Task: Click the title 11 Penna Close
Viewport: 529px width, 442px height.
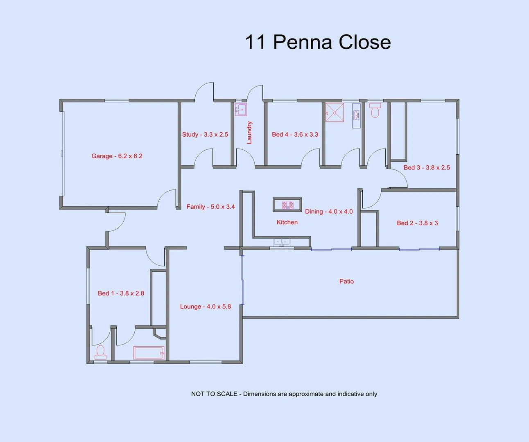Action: point(318,42)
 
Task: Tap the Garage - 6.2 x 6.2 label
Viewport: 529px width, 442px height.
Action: point(117,156)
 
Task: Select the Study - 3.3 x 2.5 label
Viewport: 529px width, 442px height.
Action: point(205,134)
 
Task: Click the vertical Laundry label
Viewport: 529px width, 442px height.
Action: point(249,132)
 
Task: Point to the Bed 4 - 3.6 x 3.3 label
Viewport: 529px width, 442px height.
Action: point(295,134)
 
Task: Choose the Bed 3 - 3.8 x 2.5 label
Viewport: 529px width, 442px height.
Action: point(427,167)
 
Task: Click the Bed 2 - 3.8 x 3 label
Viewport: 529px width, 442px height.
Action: point(417,223)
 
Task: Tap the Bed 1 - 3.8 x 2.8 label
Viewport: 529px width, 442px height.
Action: point(121,293)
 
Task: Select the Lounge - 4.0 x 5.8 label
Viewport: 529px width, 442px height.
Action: point(206,307)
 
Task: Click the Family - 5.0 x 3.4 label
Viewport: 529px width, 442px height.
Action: point(210,207)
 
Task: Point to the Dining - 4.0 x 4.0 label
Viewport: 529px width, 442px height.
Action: point(329,212)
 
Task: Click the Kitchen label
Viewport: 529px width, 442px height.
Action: point(287,222)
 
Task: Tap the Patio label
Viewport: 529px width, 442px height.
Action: point(346,281)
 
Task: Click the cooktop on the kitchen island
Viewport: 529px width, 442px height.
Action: point(287,205)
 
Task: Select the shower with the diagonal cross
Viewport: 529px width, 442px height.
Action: point(334,112)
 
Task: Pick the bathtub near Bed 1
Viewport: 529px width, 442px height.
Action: point(149,353)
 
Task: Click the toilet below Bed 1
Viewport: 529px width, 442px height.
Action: point(100,352)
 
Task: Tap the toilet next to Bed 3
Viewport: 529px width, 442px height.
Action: point(375,110)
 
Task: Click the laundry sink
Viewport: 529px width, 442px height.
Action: point(241,109)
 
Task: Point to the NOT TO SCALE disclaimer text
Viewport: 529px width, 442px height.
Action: point(284,394)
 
